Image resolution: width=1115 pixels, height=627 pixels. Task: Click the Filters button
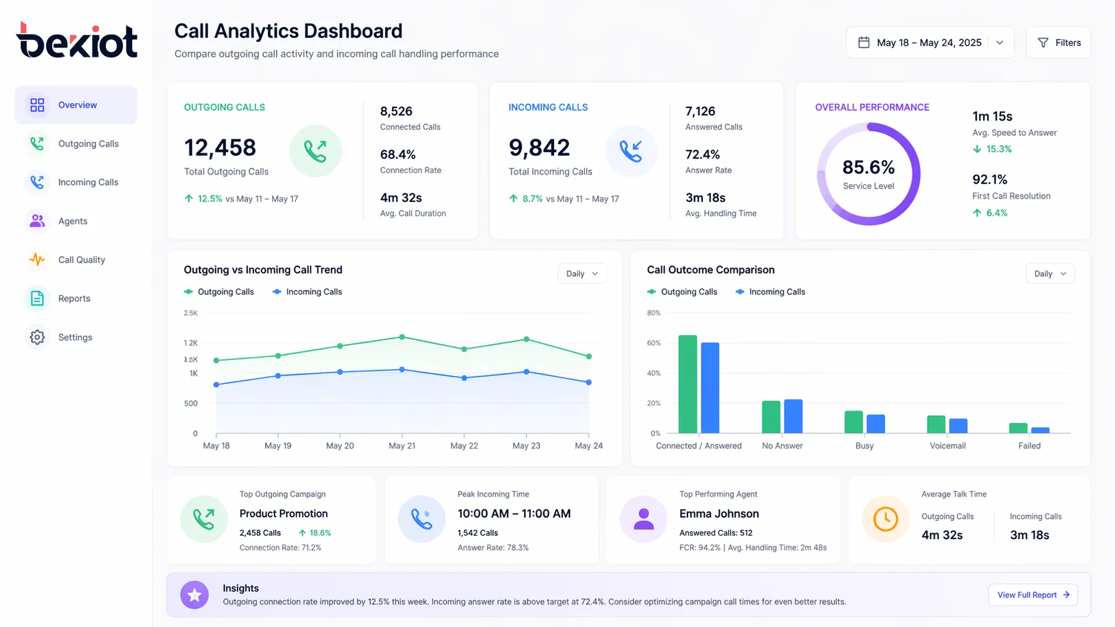[x=1058, y=43]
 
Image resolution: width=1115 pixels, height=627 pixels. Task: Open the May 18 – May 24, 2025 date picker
[x=930, y=43]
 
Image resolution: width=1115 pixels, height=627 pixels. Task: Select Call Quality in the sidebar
[x=81, y=260]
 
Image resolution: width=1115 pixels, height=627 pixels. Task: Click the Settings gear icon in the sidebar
[x=37, y=337]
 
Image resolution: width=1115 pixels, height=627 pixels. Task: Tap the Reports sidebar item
[x=74, y=299]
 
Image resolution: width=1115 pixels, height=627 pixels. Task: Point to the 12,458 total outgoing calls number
[x=220, y=148]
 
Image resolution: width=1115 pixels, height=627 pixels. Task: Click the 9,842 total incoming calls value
[x=539, y=148]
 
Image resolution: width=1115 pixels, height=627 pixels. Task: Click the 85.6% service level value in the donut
[x=868, y=167]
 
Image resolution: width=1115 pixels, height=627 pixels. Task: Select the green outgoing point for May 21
[x=402, y=337]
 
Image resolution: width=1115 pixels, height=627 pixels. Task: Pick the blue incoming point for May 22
[x=464, y=378]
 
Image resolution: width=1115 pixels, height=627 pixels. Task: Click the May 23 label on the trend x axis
[x=526, y=446]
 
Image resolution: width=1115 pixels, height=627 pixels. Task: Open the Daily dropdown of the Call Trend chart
[x=582, y=274]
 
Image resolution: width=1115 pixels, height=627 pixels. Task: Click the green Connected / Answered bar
[x=688, y=384]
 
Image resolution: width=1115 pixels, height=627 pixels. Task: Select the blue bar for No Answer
[x=793, y=416]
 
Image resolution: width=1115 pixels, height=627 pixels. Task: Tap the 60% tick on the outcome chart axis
[x=654, y=343]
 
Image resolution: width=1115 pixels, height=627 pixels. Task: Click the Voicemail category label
[x=947, y=446]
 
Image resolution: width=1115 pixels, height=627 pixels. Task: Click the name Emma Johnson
[x=719, y=514]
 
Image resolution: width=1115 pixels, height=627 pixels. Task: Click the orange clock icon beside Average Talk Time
[x=886, y=519]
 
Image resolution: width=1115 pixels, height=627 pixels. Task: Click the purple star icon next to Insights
[x=195, y=595]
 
